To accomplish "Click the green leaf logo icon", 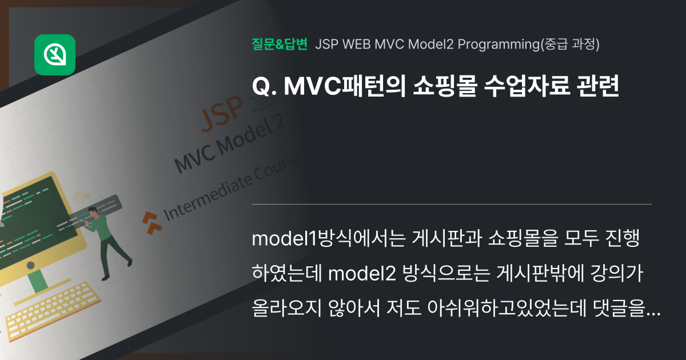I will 55,55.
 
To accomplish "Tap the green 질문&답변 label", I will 280,44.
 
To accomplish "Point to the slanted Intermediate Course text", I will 232,189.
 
